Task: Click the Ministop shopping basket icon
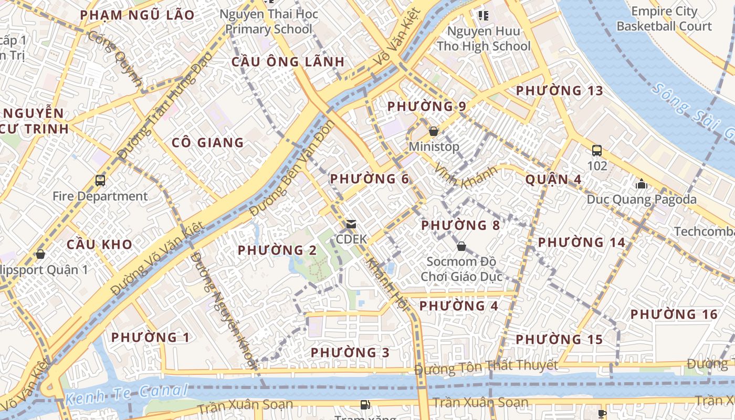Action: click(434, 131)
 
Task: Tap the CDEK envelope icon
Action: click(351, 224)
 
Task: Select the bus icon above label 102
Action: click(597, 151)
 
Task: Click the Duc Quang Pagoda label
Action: click(642, 199)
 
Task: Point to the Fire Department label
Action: click(100, 196)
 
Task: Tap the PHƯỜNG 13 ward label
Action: click(560, 91)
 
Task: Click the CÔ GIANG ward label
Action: click(208, 143)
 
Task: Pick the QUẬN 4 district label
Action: click(553, 180)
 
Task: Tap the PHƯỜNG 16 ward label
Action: click(674, 314)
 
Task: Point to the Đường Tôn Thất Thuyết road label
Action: click(486, 367)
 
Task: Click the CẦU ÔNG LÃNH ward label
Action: click(288, 62)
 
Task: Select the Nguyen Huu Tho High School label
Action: click(484, 39)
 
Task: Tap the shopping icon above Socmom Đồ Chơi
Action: click(461, 246)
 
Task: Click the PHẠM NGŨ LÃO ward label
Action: click(137, 15)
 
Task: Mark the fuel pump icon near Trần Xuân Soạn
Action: click(364, 404)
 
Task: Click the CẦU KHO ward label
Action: click(99, 245)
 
